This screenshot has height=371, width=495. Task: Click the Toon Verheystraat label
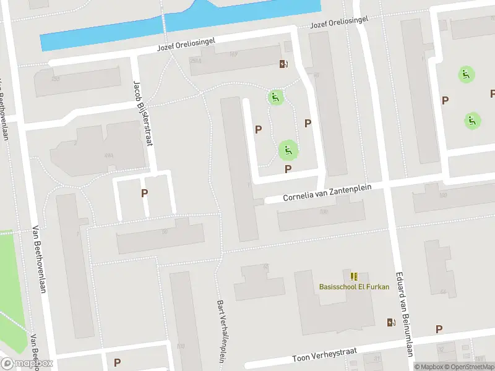pos(325,355)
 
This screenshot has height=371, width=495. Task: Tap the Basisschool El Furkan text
pos(354,287)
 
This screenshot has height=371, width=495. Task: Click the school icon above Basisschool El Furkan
pos(354,276)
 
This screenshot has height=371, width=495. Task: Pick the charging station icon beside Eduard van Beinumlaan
pos(391,322)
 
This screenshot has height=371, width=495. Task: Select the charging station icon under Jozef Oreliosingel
pos(283,64)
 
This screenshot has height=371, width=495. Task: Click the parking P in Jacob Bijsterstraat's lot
pos(144,193)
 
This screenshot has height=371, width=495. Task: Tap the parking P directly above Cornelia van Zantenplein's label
pos(288,169)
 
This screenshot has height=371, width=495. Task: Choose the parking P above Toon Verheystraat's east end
pos(439,330)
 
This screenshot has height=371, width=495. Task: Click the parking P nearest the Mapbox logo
pos(117,362)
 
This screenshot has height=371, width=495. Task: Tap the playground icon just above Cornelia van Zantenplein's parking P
pos(287,149)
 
